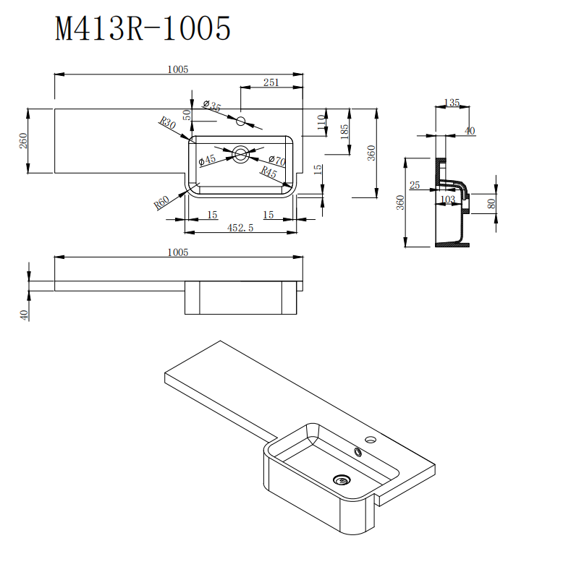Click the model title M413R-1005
coord(143,30)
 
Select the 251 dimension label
coord(271,83)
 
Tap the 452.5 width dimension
coord(240,227)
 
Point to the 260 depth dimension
coord(23,141)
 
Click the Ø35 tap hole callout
coord(212,106)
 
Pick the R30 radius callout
coord(168,124)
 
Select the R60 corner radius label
coord(161,201)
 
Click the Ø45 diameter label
coord(207,160)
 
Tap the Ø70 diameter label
coord(276,160)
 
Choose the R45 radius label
coord(268,173)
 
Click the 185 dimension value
coord(344,131)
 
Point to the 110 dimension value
coord(321,122)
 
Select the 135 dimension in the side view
coord(452,103)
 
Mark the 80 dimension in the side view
coord(492,203)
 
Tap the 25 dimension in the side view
coord(415,186)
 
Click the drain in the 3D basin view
coord(341,478)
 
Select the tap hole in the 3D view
coord(372,439)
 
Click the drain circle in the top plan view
coord(240,153)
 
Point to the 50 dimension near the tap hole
coord(187,115)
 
